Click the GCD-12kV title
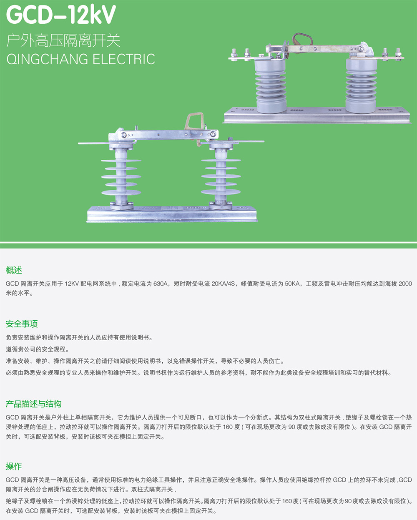click(61, 15)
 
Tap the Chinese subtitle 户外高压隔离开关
click(63, 41)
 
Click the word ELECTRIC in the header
click(124, 59)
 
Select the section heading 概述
click(14, 270)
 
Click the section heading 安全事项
click(22, 324)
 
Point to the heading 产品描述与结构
click(33, 404)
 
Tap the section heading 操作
click(14, 466)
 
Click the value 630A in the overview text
click(160, 284)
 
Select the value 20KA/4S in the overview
click(223, 284)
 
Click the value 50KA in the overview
click(292, 284)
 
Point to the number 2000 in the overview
click(405, 284)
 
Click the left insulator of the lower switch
click(121, 177)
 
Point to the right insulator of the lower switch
click(221, 177)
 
